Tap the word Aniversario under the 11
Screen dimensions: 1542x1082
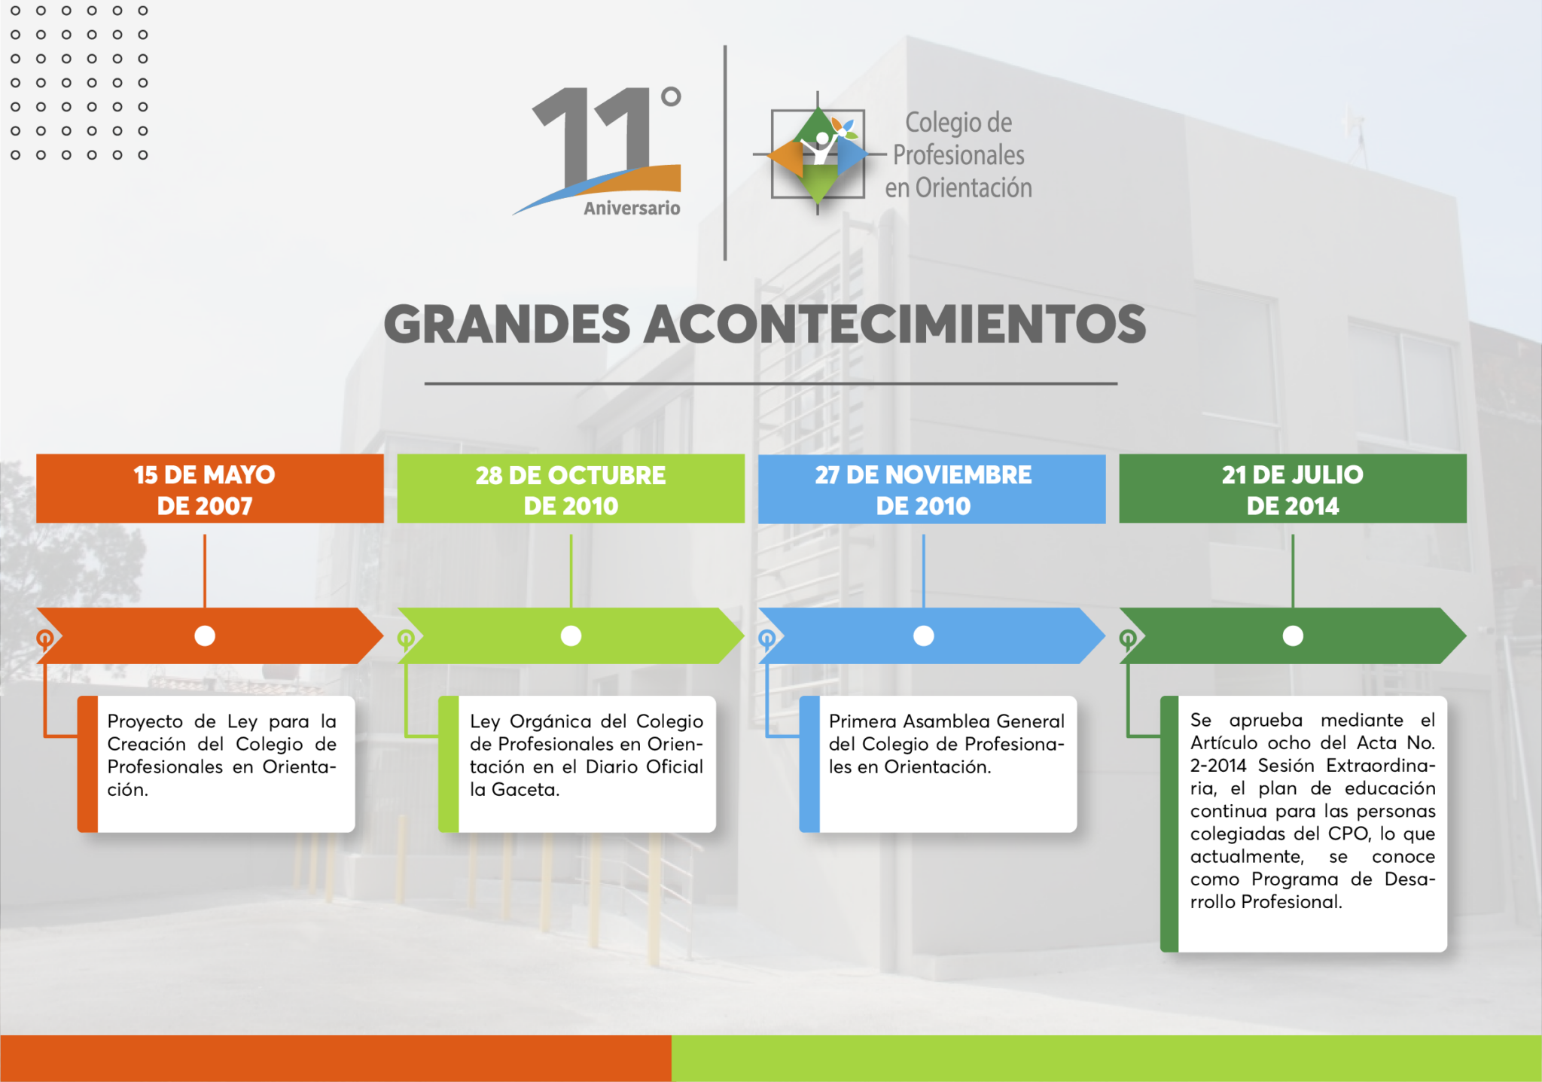point(632,208)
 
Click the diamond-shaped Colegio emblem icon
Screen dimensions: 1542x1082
point(818,154)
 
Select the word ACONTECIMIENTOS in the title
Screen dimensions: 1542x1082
point(894,325)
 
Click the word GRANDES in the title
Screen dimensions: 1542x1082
point(507,325)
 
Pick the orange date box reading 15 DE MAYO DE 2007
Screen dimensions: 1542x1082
point(210,489)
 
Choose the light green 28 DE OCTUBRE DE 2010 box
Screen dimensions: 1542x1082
point(571,489)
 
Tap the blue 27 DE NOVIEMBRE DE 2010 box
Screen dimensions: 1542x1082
point(931,489)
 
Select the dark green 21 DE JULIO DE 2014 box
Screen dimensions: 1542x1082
point(1293,489)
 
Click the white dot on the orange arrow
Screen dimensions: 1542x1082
point(205,636)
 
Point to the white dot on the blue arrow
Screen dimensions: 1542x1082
point(924,636)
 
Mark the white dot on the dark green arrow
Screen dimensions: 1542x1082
point(1293,636)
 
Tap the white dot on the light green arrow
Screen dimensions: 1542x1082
point(571,636)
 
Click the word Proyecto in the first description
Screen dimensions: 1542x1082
point(145,721)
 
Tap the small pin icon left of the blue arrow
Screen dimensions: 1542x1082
point(766,640)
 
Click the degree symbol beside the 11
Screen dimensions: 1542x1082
point(671,96)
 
